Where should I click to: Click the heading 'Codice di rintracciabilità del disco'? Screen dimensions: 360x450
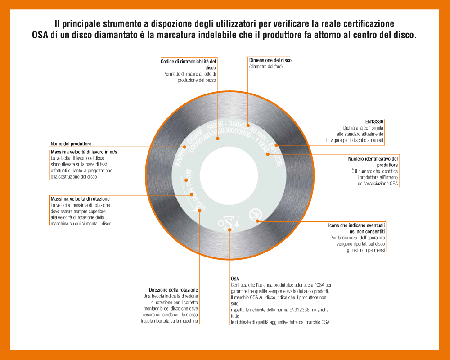(188, 64)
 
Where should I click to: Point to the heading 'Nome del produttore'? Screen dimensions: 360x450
(71, 144)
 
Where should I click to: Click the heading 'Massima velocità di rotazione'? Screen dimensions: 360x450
(80, 198)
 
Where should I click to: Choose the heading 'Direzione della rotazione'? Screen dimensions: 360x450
(173, 290)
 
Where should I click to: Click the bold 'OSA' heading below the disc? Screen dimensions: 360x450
(235, 279)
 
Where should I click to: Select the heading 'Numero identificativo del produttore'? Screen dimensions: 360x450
(373, 162)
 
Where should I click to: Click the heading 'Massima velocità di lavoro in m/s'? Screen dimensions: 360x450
(84, 152)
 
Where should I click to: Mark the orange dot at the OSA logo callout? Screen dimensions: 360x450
(230, 230)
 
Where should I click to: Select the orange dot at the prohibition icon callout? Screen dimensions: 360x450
(258, 220)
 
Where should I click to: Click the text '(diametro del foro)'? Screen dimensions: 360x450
(265, 67)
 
